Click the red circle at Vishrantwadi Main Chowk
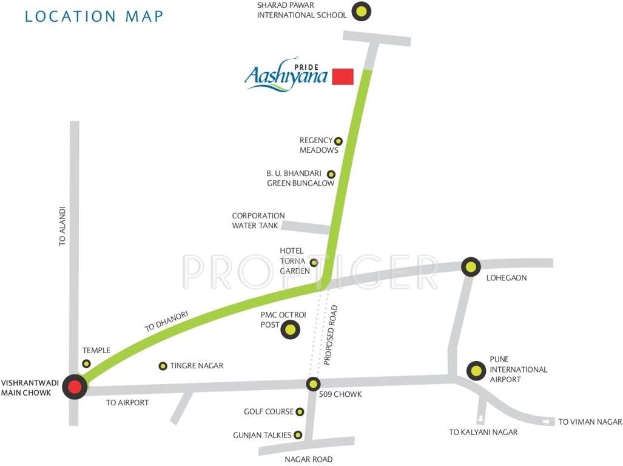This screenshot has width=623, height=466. [x=75, y=387]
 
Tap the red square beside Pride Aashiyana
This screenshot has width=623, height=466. [x=343, y=76]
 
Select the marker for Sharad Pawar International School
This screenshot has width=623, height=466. [x=362, y=10]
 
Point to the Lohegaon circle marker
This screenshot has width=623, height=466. [x=471, y=266]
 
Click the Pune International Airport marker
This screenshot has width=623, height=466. [x=476, y=371]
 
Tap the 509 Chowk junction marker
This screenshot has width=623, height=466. [x=313, y=383]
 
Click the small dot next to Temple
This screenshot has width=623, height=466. [x=86, y=363]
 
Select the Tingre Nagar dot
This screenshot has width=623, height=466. [x=163, y=366]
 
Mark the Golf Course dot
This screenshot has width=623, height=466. [x=299, y=412]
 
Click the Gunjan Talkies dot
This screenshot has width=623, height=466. [x=298, y=435]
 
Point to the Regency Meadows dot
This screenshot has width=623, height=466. [x=338, y=141]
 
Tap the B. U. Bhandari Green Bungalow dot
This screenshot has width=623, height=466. [x=331, y=174]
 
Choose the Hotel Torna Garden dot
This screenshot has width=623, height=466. [x=314, y=263]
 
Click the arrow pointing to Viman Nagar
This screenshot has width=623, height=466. [x=548, y=421]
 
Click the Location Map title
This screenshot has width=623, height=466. [x=94, y=16]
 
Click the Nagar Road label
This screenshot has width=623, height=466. [x=309, y=459]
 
